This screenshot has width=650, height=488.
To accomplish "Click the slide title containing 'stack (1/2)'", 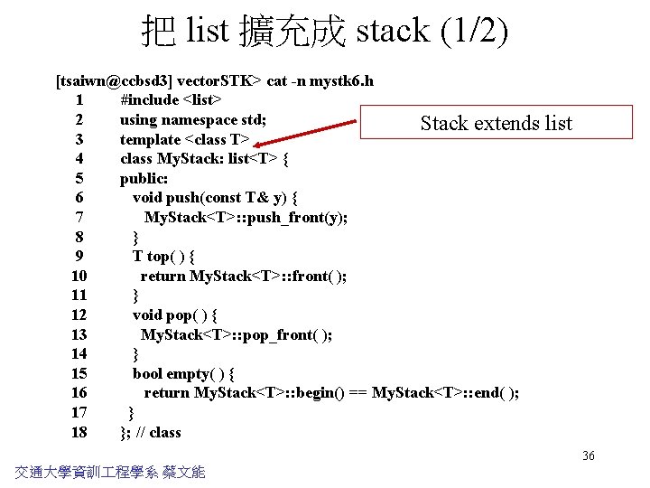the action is coord(325,31).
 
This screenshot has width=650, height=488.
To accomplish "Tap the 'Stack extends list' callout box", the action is coord(496,123).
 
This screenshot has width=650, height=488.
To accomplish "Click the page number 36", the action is coord(588,455).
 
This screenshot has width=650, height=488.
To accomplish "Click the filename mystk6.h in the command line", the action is coord(342,81).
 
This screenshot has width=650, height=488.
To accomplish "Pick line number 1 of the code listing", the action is coord(80,100).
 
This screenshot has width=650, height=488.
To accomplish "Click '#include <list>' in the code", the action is coord(172,100).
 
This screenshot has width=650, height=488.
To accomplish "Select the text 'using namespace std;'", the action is coord(192,119).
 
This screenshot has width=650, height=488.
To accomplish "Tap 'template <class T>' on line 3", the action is coord(184,139).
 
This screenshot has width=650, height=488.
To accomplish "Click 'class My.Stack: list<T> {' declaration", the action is coord(204,159).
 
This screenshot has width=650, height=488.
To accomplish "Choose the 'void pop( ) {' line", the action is coord(175,314).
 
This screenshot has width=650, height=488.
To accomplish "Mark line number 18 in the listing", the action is coord(79,432).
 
